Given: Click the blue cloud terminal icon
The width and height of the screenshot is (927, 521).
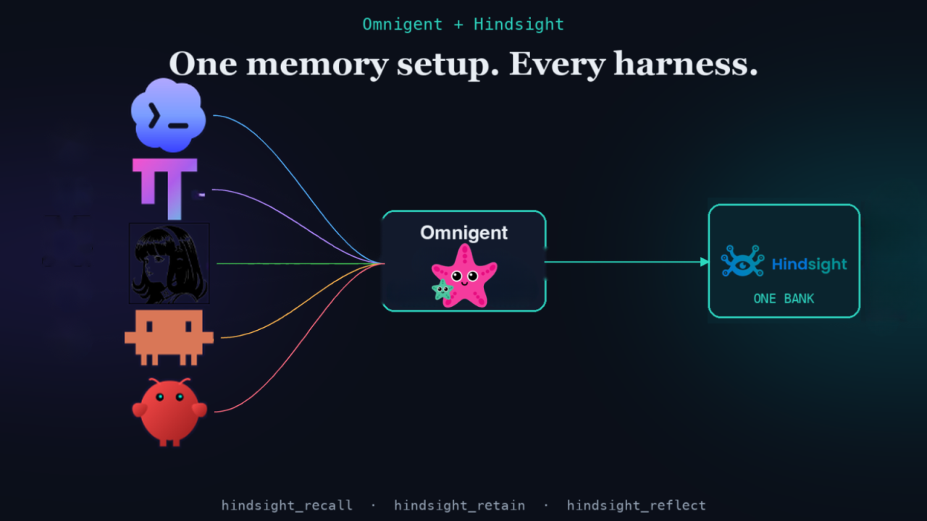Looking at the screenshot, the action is pyautogui.click(x=168, y=115).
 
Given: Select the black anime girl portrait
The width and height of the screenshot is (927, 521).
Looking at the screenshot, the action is pyautogui.click(x=169, y=263).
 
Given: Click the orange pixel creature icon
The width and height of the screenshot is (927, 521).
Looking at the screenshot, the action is pyautogui.click(x=169, y=337).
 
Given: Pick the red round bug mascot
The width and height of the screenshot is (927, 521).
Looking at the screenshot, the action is pyautogui.click(x=169, y=412).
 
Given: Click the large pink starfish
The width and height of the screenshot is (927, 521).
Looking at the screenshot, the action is pyautogui.click(x=465, y=276).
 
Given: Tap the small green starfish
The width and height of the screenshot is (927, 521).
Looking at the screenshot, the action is pyautogui.click(x=442, y=289).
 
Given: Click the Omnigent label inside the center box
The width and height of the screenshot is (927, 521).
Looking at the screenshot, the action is pyautogui.click(x=463, y=233).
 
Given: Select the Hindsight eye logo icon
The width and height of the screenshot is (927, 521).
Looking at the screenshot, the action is pyautogui.click(x=742, y=261).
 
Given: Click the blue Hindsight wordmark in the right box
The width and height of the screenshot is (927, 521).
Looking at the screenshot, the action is pyautogui.click(x=810, y=264).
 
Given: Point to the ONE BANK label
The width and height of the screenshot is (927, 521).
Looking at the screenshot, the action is pyautogui.click(x=784, y=299).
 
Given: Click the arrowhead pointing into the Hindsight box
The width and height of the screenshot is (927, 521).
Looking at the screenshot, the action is pyautogui.click(x=705, y=262).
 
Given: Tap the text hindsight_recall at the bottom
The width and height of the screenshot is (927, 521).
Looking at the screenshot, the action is pyautogui.click(x=287, y=505).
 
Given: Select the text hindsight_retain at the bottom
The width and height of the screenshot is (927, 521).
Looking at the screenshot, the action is pyautogui.click(x=459, y=505).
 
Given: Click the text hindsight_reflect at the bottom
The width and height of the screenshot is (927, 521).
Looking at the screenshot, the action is pyautogui.click(x=636, y=505).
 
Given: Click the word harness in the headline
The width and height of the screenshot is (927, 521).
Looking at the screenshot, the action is pyautogui.click(x=685, y=64).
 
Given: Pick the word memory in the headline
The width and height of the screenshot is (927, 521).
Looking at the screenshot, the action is pyautogui.click(x=317, y=66).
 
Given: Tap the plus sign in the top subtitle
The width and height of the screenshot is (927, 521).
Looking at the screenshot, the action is pyautogui.click(x=458, y=25).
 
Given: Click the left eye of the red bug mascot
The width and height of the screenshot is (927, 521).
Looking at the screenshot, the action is pyautogui.click(x=160, y=397).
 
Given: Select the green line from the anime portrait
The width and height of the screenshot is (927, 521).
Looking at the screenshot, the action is pyautogui.click(x=301, y=263).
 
